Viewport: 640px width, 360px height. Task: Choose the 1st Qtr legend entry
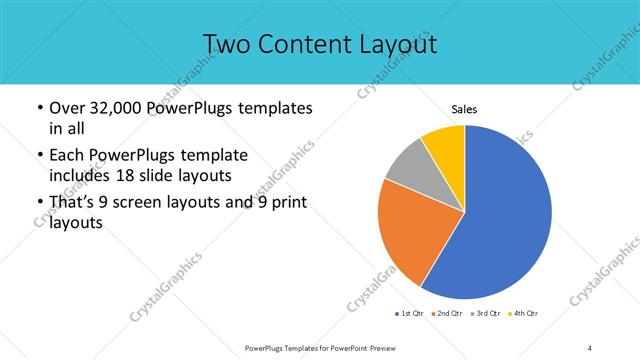point(409,314)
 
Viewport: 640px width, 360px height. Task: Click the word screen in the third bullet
point(146,204)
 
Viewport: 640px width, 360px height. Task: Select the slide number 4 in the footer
point(591,347)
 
